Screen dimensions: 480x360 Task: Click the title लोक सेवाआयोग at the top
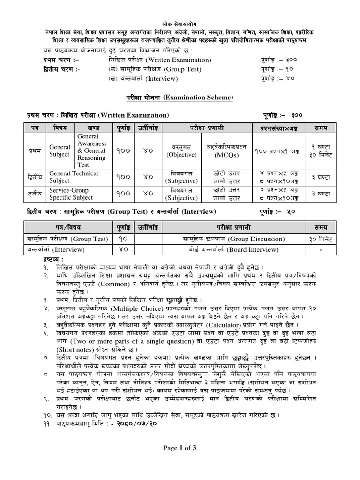tap(180, 23)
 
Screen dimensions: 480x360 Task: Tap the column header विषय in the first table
tap(60, 127)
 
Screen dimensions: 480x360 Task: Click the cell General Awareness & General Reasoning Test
tap(92, 150)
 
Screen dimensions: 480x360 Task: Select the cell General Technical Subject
tap(74, 177)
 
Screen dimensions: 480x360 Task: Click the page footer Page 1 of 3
tap(180, 448)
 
